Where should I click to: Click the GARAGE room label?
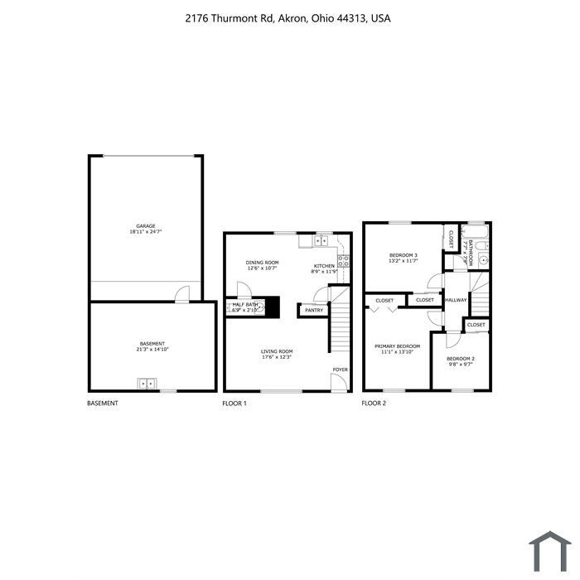pyautogui.click(x=146, y=225)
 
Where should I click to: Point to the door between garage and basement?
pyautogui.click(x=182, y=294)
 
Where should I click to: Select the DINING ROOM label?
pyautogui.click(x=262, y=263)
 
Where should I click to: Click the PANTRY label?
pyautogui.click(x=314, y=311)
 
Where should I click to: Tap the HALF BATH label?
pyautogui.click(x=245, y=305)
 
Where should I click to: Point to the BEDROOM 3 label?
pyautogui.click(x=404, y=255)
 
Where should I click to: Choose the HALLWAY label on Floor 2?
pyautogui.click(x=456, y=300)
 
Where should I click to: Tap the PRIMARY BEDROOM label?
pyautogui.click(x=397, y=346)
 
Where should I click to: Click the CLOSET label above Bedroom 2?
pyautogui.click(x=476, y=325)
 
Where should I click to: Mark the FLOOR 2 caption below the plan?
pyautogui.click(x=374, y=404)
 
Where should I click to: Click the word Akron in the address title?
pyautogui.click(x=291, y=17)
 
